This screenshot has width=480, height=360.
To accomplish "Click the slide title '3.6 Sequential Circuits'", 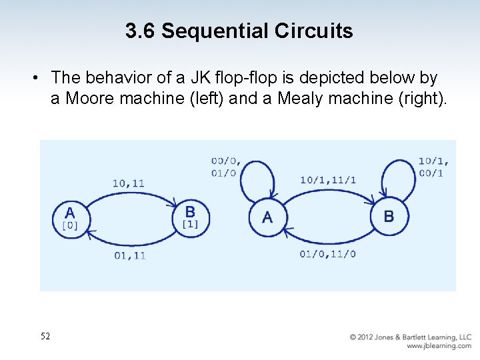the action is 239,31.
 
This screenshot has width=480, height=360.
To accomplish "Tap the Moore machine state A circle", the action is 70,218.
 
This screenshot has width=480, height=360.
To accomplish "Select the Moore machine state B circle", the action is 191,217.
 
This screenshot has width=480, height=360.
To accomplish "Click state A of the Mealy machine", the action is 267,217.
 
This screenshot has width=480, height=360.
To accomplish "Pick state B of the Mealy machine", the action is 389,217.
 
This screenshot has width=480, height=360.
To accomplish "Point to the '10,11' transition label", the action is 129,183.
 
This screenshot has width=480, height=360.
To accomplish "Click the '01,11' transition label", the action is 129,255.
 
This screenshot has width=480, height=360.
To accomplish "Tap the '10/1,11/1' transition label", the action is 328,180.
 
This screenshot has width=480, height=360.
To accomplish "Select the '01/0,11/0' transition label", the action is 328,254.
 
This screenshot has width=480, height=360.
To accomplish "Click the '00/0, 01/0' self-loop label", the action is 226,167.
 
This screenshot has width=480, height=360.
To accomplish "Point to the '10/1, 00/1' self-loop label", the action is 433,167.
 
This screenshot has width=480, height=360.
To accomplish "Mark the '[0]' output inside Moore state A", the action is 69,225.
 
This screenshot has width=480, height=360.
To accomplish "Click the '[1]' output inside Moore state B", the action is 190,225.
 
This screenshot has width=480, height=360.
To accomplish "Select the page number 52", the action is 45,336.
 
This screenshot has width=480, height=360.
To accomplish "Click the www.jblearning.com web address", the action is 439,346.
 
